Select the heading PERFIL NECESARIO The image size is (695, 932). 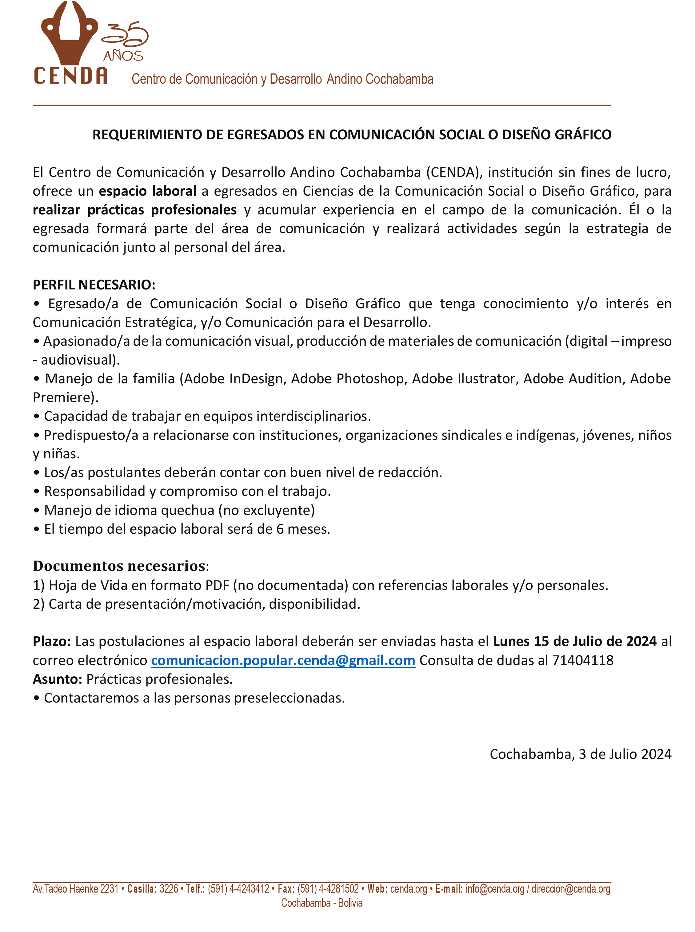pyautogui.click(x=94, y=285)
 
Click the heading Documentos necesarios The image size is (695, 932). pyautogui.click(x=119, y=566)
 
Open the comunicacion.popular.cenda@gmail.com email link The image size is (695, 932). pyautogui.click(x=283, y=660)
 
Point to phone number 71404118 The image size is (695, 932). pyautogui.click(x=583, y=660)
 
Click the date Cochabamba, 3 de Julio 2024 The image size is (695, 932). pyautogui.click(x=580, y=754)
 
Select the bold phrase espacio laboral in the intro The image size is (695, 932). pyautogui.click(x=148, y=191)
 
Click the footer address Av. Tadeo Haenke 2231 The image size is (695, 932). pyautogui.click(x=76, y=889)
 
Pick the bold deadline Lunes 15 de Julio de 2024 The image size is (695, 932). pyautogui.click(x=575, y=641)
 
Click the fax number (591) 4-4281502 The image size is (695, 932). pyautogui.click(x=328, y=889)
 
